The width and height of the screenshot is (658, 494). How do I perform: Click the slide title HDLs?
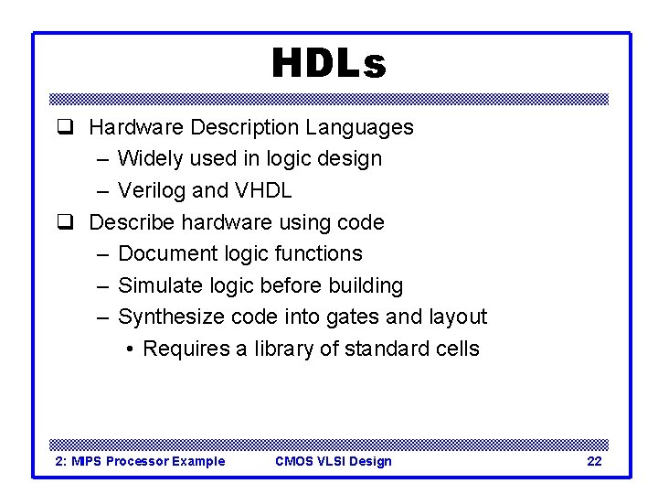(x=329, y=64)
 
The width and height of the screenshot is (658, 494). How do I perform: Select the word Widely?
(x=150, y=158)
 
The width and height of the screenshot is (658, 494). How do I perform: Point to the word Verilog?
(x=152, y=190)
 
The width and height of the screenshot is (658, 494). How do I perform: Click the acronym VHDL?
(x=263, y=190)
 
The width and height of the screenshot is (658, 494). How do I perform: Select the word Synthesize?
(x=171, y=317)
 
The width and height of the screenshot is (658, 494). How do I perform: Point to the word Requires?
(x=186, y=349)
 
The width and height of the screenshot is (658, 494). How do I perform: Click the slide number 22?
(x=594, y=461)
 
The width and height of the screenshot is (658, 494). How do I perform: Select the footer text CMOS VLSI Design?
(x=334, y=461)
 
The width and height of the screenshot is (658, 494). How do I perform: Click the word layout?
(x=456, y=317)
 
